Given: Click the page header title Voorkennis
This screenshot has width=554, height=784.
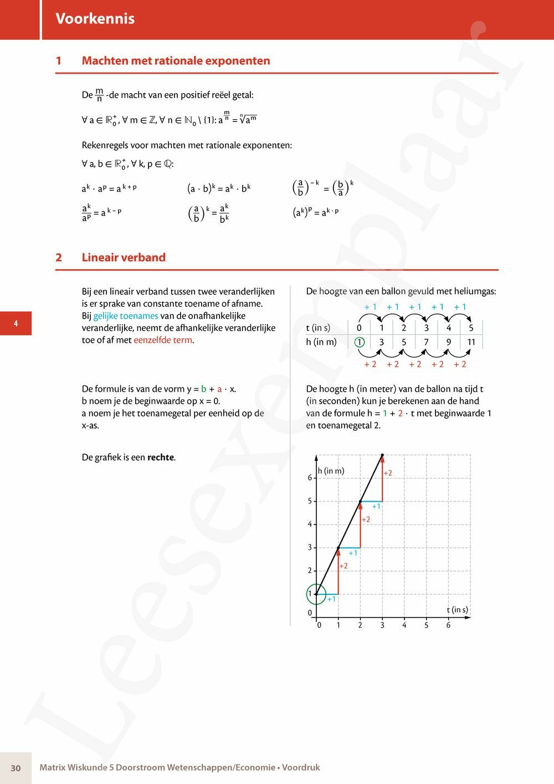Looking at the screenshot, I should pyautogui.click(x=95, y=19).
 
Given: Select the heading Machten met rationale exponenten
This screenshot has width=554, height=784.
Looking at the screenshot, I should pyautogui.click(x=176, y=61).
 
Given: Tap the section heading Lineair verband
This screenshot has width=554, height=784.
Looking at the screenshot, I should pyautogui.click(x=124, y=257).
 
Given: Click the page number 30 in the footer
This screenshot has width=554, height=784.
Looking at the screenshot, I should pyautogui.click(x=16, y=768).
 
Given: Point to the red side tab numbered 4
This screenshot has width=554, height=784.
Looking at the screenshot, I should pyautogui.click(x=16, y=324).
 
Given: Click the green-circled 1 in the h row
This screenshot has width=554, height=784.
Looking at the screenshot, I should pyautogui.click(x=360, y=342).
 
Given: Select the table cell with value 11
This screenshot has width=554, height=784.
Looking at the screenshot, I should pyautogui.click(x=471, y=342).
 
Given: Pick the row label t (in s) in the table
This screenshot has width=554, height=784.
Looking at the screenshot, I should pyautogui.click(x=318, y=328).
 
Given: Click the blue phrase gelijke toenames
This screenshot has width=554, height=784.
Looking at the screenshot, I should pyautogui.click(x=126, y=316).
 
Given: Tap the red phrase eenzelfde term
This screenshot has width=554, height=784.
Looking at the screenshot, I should pyautogui.click(x=163, y=340).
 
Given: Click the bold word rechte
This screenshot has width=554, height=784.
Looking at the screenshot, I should pyautogui.click(x=161, y=457).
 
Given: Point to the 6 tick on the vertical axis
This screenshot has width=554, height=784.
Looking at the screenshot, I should pyautogui.click(x=310, y=478).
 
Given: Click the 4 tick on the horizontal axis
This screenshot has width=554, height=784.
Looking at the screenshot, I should pyautogui.click(x=404, y=625).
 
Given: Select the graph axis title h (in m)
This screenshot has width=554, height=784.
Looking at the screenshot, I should pyautogui.click(x=331, y=471).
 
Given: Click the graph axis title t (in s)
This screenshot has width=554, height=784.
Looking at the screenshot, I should pyautogui.click(x=457, y=610).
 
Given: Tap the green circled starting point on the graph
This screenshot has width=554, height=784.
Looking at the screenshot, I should pyautogui.click(x=316, y=594).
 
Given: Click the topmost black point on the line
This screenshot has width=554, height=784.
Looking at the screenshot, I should pyautogui.click(x=382, y=455).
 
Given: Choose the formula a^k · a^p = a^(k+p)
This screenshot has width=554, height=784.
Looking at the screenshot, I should pyautogui.click(x=109, y=189).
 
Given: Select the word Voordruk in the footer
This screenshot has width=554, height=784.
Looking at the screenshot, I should pyautogui.click(x=301, y=768).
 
